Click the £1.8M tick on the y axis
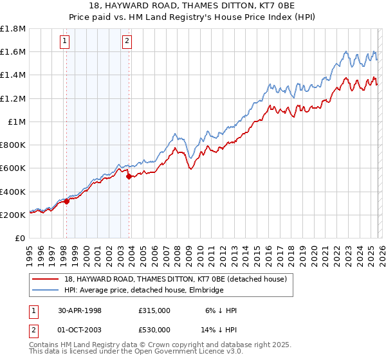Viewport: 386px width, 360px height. point(13,28)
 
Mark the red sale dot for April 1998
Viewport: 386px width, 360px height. point(66,201)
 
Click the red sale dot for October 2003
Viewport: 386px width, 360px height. point(129,176)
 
